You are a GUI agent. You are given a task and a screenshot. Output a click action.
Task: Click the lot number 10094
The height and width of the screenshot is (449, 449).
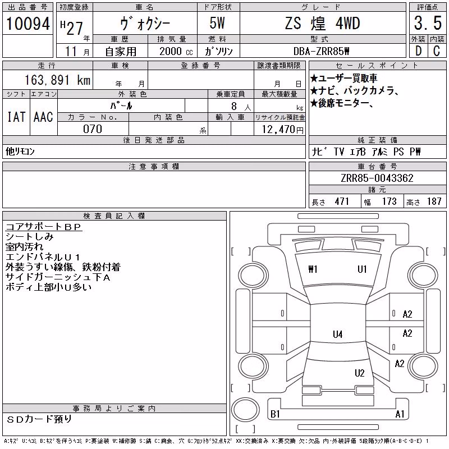click(28, 24)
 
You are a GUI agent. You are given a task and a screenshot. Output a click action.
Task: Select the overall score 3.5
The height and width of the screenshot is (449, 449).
click(428, 23)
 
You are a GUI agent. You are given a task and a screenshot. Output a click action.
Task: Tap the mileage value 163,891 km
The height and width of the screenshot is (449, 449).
click(57, 80)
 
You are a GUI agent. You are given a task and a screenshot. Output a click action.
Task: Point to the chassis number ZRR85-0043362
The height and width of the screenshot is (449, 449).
click(377, 178)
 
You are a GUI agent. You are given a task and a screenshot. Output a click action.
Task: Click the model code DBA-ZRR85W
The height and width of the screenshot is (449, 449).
click(321, 51)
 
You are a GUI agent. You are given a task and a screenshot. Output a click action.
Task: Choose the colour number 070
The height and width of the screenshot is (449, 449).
click(93, 129)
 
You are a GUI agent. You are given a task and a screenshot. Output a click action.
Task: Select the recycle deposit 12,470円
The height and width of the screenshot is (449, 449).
click(283, 130)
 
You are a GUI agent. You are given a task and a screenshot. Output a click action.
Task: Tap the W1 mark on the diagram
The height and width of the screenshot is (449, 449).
click(313, 269)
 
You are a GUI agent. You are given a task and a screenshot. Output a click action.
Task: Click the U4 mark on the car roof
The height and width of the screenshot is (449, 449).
click(338, 334)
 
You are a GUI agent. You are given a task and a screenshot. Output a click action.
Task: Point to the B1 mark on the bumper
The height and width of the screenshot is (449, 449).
click(275, 414)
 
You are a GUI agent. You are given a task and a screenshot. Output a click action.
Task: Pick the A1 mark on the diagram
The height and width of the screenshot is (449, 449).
click(400, 414)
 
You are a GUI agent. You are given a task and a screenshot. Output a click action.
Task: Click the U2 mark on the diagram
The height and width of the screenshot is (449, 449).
click(360, 373)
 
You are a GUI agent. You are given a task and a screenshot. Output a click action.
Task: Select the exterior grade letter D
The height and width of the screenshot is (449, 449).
click(418, 51)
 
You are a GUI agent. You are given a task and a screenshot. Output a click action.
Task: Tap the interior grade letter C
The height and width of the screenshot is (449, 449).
click(437, 51)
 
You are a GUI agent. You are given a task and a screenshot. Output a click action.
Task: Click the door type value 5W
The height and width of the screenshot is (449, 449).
click(217, 23)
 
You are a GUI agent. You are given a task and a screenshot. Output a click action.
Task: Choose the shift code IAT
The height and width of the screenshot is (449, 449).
click(16, 117)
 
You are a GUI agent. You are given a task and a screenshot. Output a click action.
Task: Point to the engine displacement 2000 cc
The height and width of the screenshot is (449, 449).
click(176, 51)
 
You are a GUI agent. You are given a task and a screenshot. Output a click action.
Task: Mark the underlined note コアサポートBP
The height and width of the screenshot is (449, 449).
click(44, 227)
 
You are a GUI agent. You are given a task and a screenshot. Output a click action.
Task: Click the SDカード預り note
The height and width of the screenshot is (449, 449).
click(39, 419)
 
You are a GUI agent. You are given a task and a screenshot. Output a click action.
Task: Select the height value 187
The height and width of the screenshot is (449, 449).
click(434, 201)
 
